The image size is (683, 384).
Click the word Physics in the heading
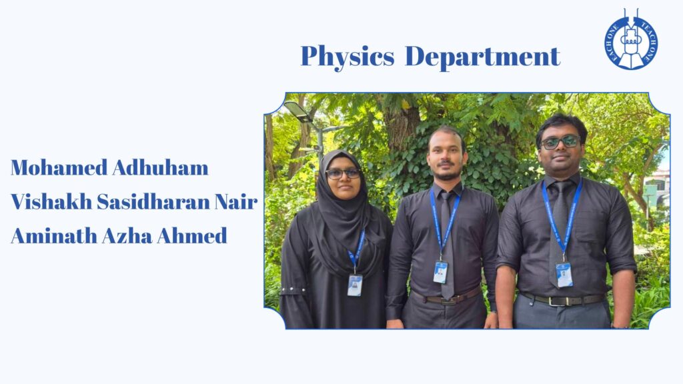[347, 57]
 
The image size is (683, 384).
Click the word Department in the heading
[482, 56]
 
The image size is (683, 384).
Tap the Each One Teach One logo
[631, 39]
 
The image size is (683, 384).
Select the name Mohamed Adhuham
[110, 167]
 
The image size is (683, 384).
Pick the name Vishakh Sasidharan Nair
[134, 201]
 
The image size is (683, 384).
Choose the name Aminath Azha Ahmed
[119, 235]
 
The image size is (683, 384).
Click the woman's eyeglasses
[344, 173]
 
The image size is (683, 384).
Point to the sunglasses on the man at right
[560, 142]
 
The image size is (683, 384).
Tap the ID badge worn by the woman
[355, 285]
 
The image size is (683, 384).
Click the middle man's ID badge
[440, 272]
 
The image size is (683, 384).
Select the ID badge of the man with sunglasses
[564, 275]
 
